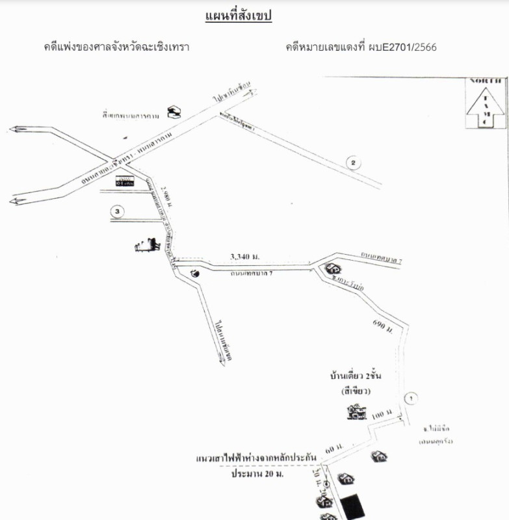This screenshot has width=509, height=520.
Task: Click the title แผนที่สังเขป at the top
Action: tap(237, 16)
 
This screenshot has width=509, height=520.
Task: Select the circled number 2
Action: tap(352, 162)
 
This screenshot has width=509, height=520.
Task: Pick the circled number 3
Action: tap(116, 211)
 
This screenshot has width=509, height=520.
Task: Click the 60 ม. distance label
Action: tap(333, 449)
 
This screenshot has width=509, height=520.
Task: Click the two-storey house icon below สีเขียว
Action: tap(355, 411)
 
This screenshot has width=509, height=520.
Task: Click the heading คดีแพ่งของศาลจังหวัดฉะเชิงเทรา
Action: tap(116, 47)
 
